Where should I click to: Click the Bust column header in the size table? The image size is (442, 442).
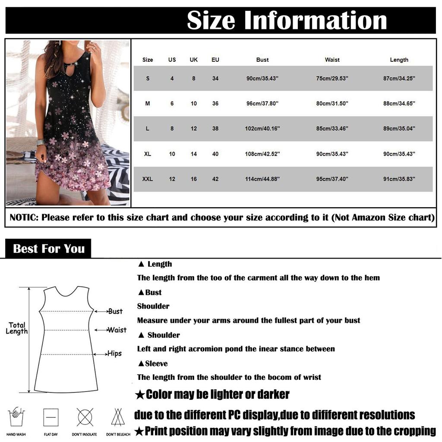tap(262, 60)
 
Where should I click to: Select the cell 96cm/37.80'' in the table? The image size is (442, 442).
tap(262, 104)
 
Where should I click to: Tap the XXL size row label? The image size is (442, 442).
tap(148, 179)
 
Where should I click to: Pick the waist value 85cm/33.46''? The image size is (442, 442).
tap(332, 129)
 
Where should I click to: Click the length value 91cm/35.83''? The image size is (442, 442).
tap(399, 179)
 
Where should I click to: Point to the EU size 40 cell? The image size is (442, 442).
tap(215, 154)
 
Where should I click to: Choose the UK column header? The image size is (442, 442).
tap(194, 60)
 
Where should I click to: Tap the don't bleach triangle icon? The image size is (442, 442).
tap(118, 417)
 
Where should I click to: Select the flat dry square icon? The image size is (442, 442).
tap(51, 417)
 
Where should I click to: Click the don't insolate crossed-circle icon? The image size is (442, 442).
tap(85, 417)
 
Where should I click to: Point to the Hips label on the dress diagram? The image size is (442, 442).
tap(114, 354)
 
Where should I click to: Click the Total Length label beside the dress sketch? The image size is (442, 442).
tap(17, 328)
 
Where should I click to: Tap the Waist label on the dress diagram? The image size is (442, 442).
tap(117, 330)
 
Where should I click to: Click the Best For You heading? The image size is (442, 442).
tap(48, 249)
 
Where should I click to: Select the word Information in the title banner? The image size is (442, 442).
tap(316, 20)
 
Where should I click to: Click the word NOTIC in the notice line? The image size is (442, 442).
tap(23, 218)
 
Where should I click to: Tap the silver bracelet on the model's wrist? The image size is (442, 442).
tap(41, 142)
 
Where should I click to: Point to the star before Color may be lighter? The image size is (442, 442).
tap(139, 395)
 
